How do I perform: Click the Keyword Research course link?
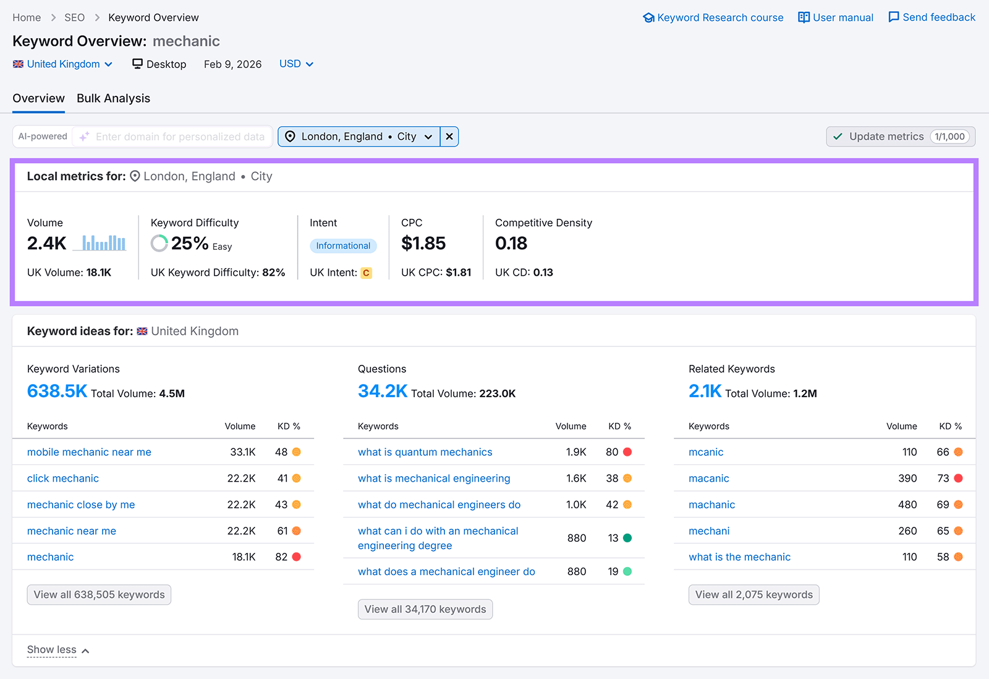[713, 17]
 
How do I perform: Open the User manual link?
[836, 17]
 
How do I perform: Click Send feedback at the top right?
[932, 17]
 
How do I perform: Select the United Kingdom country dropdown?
[63, 64]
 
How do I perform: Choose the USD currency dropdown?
[296, 64]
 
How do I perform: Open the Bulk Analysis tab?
[113, 98]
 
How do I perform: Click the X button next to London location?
[449, 137]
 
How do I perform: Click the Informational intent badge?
[343, 246]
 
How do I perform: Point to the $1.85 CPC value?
[423, 244]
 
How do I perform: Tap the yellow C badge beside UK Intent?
[366, 273]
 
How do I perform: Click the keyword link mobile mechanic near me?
[89, 452]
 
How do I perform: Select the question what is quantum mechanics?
[425, 452]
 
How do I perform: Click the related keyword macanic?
[708, 478]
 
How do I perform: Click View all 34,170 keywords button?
[425, 609]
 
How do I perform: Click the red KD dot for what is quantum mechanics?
[627, 452]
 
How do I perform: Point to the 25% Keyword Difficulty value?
[189, 244]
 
